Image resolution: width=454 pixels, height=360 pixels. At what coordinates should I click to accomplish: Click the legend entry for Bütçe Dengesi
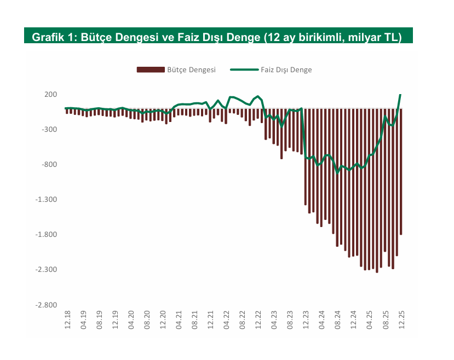[x=176, y=69]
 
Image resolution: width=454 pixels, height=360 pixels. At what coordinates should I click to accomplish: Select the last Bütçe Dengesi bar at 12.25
[x=401, y=175]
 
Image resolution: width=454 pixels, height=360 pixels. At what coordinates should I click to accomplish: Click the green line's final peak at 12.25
[x=401, y=95]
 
